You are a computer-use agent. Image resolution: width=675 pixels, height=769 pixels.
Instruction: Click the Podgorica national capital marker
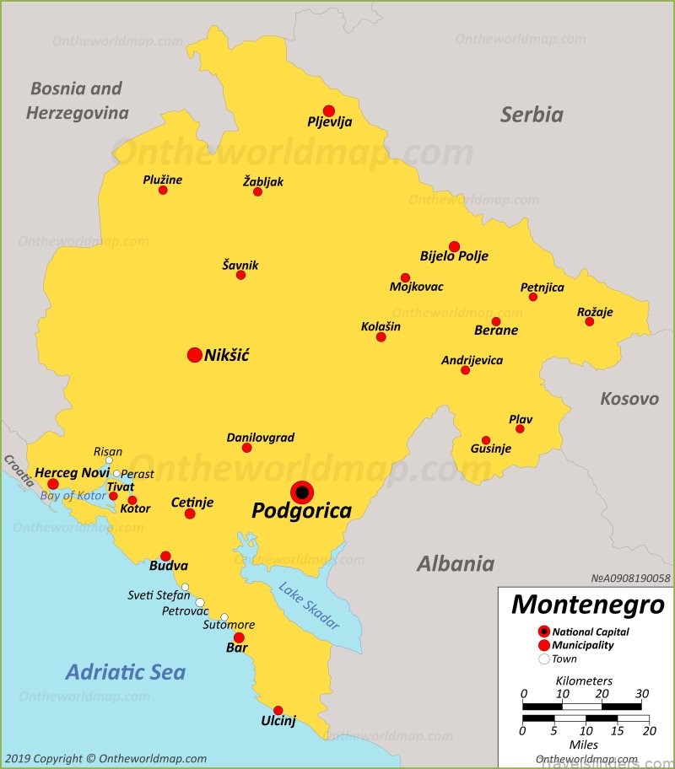tap(301, 492)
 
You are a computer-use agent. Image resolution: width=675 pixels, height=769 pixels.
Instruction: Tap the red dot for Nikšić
tap(194, 355)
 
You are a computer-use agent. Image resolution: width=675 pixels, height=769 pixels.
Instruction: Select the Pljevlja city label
tap(329, 122)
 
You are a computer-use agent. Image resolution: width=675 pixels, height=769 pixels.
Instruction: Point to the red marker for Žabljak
tap(257, 192)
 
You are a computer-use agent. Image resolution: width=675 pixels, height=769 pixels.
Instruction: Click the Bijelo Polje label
tap(454, 256)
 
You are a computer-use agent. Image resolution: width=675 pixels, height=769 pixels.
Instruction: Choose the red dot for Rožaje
tap(589, 321)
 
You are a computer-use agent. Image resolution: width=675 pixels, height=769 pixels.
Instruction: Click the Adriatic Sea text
tap(125, 672)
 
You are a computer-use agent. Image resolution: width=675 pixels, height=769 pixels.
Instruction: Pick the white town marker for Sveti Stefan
tap(185, 588)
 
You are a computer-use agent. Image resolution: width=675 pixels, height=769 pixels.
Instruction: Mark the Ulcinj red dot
tap(278, 710)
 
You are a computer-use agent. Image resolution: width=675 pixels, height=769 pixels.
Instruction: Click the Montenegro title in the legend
tap(587, 605)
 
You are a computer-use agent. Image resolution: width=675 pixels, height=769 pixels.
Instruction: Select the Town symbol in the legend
tap(543, 659)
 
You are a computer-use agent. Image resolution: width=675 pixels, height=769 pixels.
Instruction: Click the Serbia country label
tap(532, 115)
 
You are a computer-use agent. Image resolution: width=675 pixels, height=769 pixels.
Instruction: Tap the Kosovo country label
tap(629, 399)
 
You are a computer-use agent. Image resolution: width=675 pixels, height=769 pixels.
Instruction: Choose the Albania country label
tap(455, 564)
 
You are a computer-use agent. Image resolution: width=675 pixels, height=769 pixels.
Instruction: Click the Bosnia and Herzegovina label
tap(77, 100)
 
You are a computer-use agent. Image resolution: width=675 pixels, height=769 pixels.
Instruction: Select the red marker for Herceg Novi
tap(53, 484)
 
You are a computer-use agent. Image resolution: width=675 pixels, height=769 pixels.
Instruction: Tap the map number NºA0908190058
tap(629, 578)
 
